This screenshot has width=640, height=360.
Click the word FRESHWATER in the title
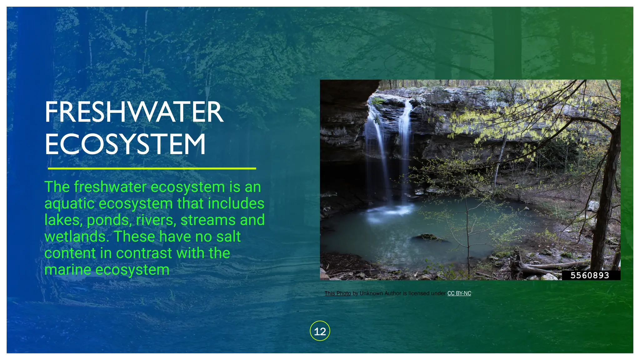click(x=134, y=112)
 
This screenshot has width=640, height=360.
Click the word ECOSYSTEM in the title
click(x=125, y=144)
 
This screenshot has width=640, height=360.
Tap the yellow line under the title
click(x=152, y=168)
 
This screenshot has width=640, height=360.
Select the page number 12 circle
click(x=320, y=331)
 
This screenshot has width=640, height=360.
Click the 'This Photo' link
click(x=337, y=293)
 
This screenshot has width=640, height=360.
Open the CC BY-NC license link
click(x=459, y=293)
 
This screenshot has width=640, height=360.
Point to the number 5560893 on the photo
click(x=590, y=275)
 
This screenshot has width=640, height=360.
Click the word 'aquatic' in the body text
click(x=69, y=204)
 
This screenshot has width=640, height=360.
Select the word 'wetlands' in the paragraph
click(x=77, y=237)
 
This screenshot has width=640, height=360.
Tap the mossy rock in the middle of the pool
click(x=428, y=237)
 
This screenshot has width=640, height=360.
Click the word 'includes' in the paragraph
click(x=236, y=204)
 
